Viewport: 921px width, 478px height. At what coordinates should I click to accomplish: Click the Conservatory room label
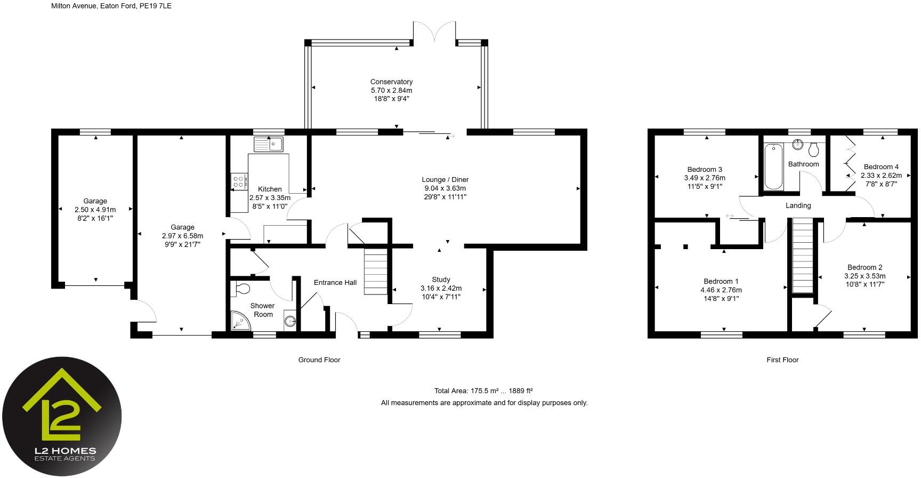point(391,82)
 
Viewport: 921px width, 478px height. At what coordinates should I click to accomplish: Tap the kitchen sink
point(269,144)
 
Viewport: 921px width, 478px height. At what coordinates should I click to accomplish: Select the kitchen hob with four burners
point(239,181)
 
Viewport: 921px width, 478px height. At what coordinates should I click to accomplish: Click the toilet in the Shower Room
point(242,289)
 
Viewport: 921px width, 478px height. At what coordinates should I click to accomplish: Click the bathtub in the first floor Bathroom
point(774,167)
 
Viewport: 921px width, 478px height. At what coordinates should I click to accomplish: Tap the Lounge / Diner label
point(445,180)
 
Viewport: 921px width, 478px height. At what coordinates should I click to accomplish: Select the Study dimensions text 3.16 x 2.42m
point(441,288)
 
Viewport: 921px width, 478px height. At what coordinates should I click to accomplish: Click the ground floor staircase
point(376,272)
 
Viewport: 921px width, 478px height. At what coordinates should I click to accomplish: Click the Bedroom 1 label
point(721,282)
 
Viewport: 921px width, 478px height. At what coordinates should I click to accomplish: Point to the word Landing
point(798,205)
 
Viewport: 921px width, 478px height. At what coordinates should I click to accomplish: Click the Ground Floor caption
point(319,360)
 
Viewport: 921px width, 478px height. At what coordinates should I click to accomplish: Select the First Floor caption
point(782,360)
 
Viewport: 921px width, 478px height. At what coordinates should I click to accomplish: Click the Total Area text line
point(483,391)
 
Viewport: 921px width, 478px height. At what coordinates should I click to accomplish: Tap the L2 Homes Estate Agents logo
point(62,416)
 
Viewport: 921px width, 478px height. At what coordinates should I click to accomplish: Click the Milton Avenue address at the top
point(111,6)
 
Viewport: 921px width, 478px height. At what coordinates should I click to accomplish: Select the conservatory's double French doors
point(434,31)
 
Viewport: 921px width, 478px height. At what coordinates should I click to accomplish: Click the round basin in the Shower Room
point(290,321)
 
